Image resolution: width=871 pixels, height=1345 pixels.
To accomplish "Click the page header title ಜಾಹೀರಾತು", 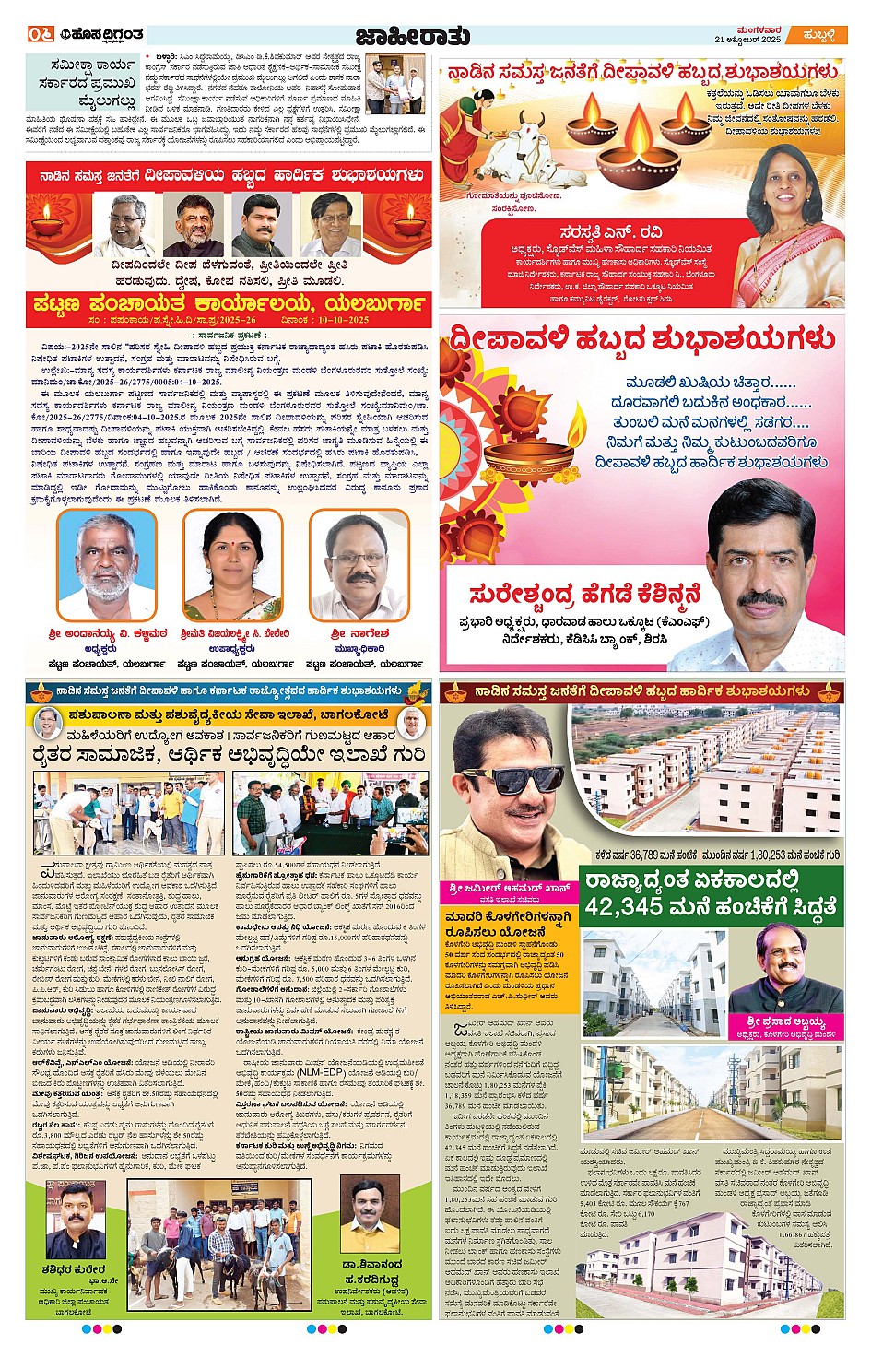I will coord(412,36).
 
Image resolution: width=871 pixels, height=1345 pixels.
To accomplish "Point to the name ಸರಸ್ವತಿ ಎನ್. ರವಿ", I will coord(610,232).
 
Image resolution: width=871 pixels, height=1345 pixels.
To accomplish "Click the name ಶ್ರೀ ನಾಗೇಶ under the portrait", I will coord(359,634).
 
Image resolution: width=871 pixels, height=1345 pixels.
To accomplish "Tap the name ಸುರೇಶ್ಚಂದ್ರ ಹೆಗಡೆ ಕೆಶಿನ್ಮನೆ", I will coord(584,596).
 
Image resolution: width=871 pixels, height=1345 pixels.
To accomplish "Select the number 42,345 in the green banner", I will coord(629,907).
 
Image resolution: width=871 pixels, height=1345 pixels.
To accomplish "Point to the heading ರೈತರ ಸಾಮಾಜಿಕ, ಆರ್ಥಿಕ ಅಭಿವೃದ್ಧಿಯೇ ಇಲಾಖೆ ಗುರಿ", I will coord(229,756).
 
